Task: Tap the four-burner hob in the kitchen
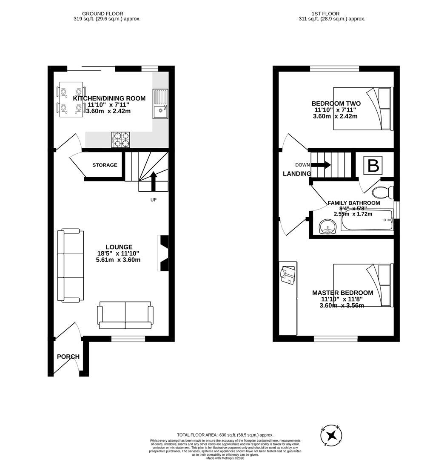pyautogui.click(x=121, y=140)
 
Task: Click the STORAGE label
pyautogui.click(x=105, y=165)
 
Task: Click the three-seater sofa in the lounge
pyautogui.click(x=71, y=265)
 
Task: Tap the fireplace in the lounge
pyautogui.click(x=163, y=253)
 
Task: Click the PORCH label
pyautogui.click(x=68, y=356)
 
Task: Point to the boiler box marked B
pyautogui.click(x=373, y=166)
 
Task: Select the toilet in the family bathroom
pyautogui.click(x=382, y=192)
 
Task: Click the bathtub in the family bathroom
pyautogui.click(x=367, y=220)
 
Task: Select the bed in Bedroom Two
pyautogui.click(x=363, y=109)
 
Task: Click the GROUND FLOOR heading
pyautogui.click(x=102, y=14)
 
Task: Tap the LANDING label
pyautogui.click(x=297, y=174)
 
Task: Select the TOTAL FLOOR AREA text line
pyautogui.click(x=225, y=435)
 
